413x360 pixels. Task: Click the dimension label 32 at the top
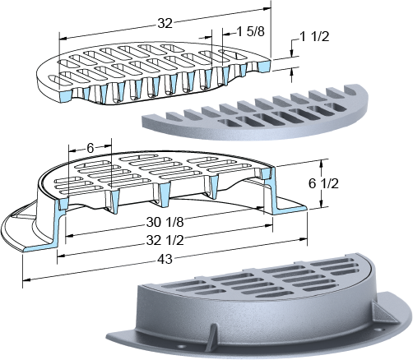click(x=165, y=24)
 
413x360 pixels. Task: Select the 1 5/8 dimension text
click(x=250, y=32)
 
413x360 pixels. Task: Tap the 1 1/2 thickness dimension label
click(x=314, y=37)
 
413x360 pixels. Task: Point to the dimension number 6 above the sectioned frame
click(x=90, y=148)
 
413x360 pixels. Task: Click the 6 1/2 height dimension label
click(x=323, y=183)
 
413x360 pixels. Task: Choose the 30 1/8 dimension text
click(x=165, y=223)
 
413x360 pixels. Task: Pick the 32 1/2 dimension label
click(x=165, y=241)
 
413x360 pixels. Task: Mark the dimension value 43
click(x=165, y=259)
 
